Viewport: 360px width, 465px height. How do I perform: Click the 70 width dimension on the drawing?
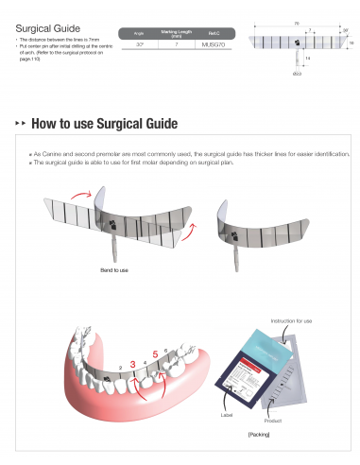(x=296, y=22)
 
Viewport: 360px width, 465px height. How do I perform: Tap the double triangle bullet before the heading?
(x=21, y=125)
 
